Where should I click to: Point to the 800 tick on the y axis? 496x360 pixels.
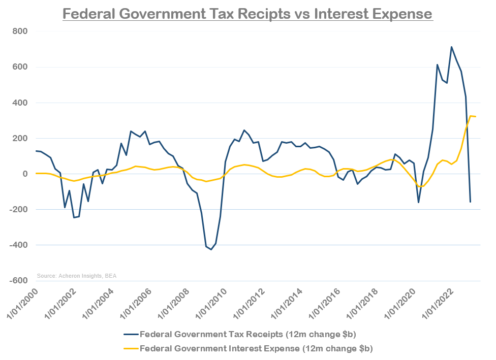20,31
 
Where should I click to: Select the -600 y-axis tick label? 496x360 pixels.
18,281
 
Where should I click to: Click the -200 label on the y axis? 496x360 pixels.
18,210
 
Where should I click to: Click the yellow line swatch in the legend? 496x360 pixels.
130,349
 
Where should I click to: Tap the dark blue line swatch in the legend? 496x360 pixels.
130,335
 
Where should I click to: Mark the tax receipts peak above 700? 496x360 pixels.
451,47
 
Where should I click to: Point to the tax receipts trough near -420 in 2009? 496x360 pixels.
211,249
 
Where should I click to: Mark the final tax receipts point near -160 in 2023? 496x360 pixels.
470,202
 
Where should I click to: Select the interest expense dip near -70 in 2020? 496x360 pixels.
422,186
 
